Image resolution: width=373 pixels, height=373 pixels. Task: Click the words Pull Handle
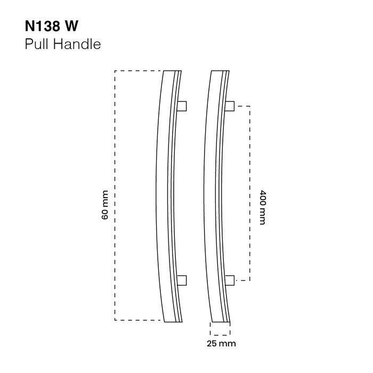[63, 44]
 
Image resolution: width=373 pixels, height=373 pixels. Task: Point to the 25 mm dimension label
[221, 343]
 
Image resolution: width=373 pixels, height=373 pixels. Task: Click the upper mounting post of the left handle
[181, 106]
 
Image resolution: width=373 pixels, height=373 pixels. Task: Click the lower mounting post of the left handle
[181, 280]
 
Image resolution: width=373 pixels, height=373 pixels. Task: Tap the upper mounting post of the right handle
[230, 106]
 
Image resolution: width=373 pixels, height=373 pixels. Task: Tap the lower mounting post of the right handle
[230, 280]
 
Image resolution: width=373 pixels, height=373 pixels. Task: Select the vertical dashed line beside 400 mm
[250, 160]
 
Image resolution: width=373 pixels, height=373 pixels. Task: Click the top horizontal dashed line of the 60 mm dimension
[137, 70]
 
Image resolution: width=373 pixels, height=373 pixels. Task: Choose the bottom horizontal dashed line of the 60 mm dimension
[137, 320]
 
